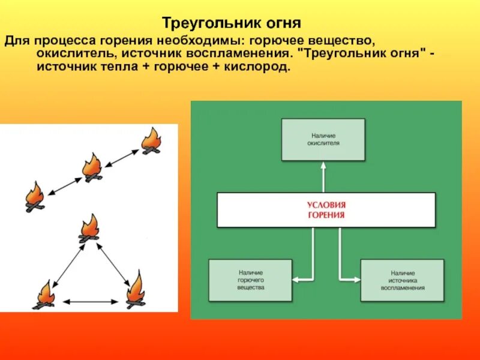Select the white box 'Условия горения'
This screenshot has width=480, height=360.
(x=326, y=210)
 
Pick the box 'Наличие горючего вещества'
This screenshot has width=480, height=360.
(x=250, y=280)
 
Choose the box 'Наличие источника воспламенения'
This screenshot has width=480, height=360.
(x=402, y=280)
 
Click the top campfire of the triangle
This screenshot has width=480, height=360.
(x=90, y=229)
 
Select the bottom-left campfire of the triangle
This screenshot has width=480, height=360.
(x=44, y=295)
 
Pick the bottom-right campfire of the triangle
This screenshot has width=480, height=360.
(x=135, y=290)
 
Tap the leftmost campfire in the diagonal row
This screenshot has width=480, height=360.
(x=34, y=197)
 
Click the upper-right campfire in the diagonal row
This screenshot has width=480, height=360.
(x=151, y=141)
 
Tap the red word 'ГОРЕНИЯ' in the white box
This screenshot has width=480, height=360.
(x=326, y=216)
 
